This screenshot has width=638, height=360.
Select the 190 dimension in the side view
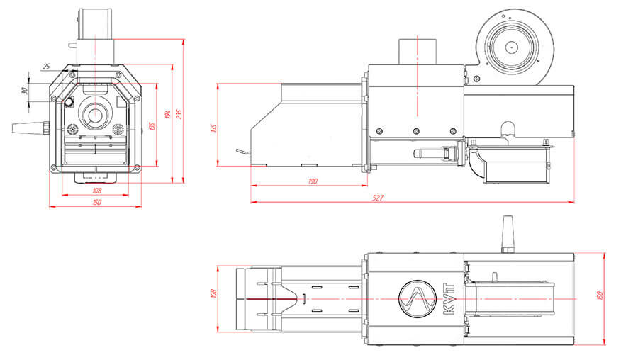coord(313,181)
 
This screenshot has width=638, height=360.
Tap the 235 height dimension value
coord(179,113)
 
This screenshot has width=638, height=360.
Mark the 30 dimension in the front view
coord(23,91)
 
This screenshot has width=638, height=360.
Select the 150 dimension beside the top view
coord(599,294)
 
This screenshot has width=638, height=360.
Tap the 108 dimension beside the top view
coord(213,293)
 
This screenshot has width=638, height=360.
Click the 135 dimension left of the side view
coord(213,127)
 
